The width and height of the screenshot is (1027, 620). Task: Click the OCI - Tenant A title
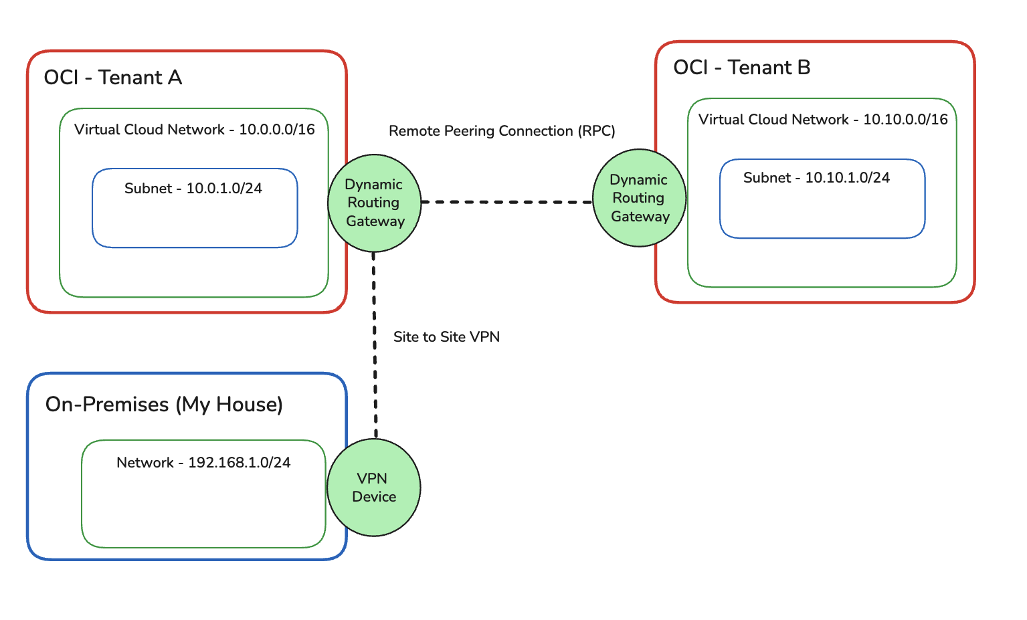[112, 78]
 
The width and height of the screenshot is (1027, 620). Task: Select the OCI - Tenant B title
[741, 68]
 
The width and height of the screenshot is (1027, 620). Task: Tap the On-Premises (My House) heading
[164, 405]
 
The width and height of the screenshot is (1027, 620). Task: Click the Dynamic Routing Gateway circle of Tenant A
[374, 203]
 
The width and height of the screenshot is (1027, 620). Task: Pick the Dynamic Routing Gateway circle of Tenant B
[640, 198]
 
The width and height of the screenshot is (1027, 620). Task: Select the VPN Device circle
[373, 488]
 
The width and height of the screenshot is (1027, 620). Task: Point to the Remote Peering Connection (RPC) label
[502, 131]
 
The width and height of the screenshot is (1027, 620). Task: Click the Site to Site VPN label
[446, 337]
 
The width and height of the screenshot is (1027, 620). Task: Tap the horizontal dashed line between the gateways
[506, 201]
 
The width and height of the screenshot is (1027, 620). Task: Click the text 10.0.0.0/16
[276, 130]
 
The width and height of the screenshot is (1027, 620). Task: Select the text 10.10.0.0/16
[905, 120]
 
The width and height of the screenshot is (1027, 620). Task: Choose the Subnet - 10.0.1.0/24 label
[193, 189]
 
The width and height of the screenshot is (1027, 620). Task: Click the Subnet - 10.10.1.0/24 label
[816, 178]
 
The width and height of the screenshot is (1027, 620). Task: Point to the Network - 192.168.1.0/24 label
[203, 463]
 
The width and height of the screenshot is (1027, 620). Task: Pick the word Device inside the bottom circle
[374, 497]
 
